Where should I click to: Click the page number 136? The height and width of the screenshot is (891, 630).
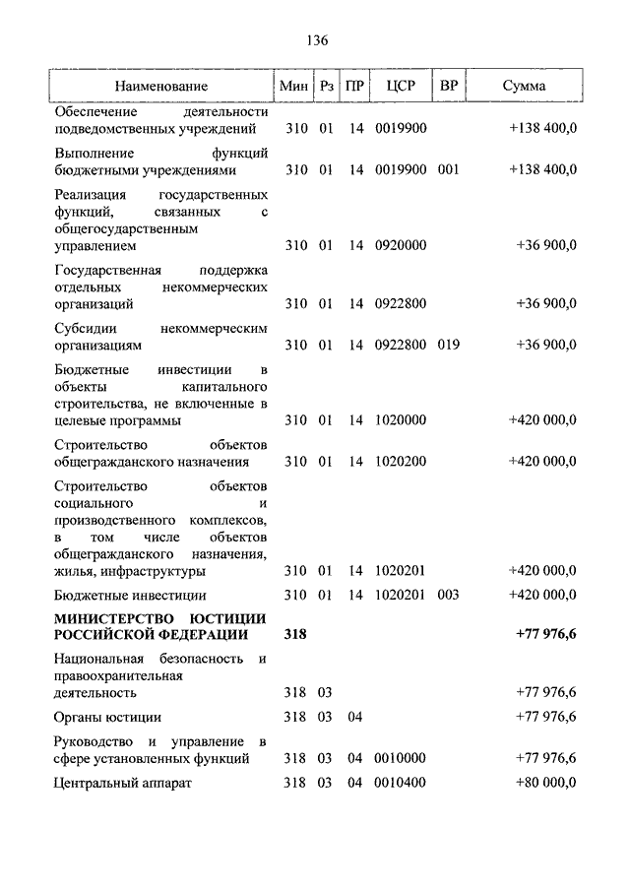coord(316,40)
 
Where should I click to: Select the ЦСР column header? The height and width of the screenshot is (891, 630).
coord(401,86)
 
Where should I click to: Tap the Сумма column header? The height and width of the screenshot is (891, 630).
coord(524,86)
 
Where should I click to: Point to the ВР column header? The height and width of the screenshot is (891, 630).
coord(449,86)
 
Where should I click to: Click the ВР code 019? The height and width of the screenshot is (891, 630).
coord(449,345)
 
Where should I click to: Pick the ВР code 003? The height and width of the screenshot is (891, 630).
coord(449,595)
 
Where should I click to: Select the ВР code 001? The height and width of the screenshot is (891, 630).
coord(449,169)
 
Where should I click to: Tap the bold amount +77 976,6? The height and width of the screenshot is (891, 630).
coord(544,635)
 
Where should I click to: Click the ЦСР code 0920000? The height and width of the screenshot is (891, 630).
coord(401,245)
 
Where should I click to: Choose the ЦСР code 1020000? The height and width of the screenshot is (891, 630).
coord(401,420)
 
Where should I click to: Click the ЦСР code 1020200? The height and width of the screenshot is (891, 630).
coord(401,461)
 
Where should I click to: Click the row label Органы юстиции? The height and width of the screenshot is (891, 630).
coord(108,717)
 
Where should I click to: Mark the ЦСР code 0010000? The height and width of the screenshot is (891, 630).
coord(401,757)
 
